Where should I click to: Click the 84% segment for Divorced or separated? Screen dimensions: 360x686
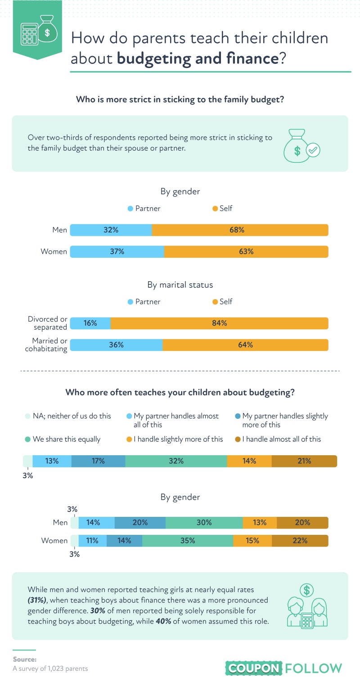(x=219, y=323)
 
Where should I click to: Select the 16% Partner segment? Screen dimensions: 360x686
(x=90, y=323)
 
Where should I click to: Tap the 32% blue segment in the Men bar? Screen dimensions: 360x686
(x=111, y=230)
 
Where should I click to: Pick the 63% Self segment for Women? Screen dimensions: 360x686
(x=246, y=251)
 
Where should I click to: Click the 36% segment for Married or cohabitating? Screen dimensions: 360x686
(x=117, y=345)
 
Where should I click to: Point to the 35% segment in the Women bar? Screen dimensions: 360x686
(x=188, y=541)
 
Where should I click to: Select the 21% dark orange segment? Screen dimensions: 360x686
(x=304, y=461)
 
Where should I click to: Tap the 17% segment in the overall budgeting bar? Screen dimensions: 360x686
(x=99, y=461)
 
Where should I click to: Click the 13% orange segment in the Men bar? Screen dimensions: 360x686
(x=260, y=522)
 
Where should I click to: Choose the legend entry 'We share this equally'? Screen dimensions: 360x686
(x=63, y=439)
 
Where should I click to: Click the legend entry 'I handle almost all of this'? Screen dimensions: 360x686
(x=278, y=439)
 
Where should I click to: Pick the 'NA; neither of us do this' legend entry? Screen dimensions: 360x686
(x=68, y=416)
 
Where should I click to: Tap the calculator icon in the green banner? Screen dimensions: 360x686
(x=29, y=34)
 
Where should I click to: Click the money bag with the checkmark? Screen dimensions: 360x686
(x=301, y=146)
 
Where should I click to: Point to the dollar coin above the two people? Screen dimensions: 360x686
(x=307, y=590)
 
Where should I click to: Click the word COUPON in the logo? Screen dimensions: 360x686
(x=254, y=668)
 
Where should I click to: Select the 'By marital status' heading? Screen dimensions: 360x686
(x=180, y=285)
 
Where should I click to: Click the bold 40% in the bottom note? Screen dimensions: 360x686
(x=163, y=621)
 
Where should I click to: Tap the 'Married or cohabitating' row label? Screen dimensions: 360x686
(x=46, y=345)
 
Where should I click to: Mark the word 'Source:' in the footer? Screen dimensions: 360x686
(x=25, y=659)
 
